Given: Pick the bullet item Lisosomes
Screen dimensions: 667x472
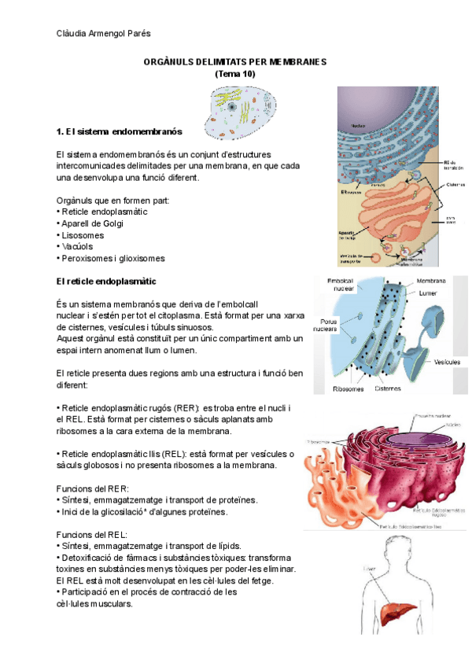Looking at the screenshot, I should point(82,235).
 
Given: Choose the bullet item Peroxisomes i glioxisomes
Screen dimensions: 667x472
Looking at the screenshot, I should point(111,258).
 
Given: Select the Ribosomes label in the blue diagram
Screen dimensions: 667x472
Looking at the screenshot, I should point(348,388).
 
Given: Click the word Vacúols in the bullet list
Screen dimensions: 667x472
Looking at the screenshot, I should point(77,246).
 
